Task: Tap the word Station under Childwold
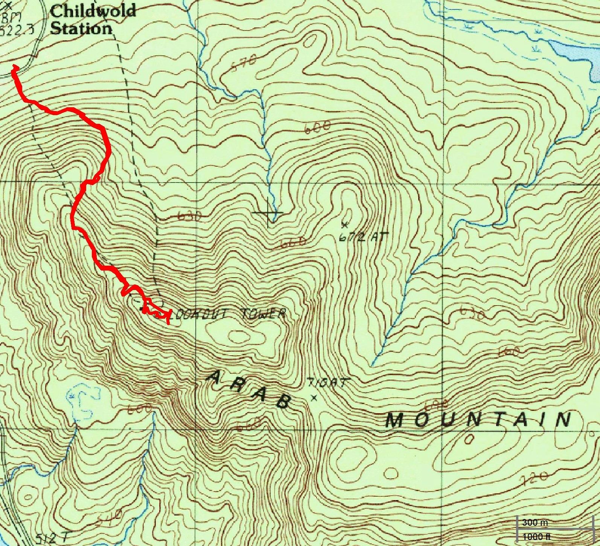pos(81,28)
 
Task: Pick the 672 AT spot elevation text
pos(362,237)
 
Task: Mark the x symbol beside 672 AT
pos(344,225)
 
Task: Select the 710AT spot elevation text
pos(328,383)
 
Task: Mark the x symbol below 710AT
pos(314,397)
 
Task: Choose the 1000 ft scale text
pos(536,537)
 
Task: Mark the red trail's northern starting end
pos(15,67)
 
